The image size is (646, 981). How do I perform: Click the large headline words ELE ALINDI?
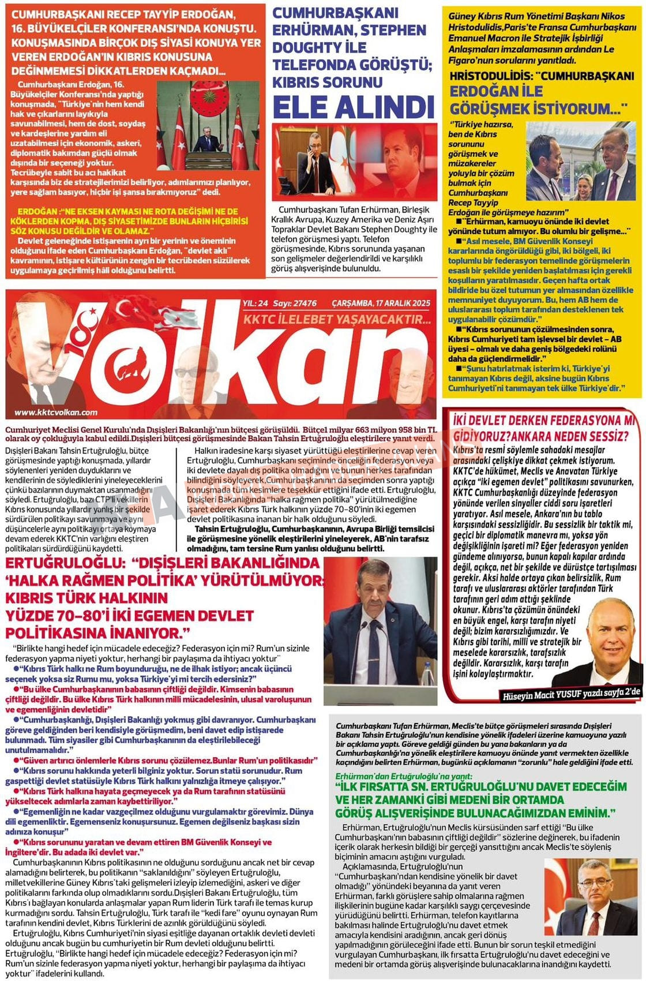[353, 107]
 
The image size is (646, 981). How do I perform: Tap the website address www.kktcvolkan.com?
[55, 412]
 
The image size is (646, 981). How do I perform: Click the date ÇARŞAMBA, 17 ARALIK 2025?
[381, 304]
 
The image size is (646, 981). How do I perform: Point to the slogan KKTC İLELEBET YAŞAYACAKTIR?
[337, 319]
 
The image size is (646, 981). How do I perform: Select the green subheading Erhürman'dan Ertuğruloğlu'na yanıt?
[404, 776]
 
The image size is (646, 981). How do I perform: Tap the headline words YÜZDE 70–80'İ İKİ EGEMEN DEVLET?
[130, 616]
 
